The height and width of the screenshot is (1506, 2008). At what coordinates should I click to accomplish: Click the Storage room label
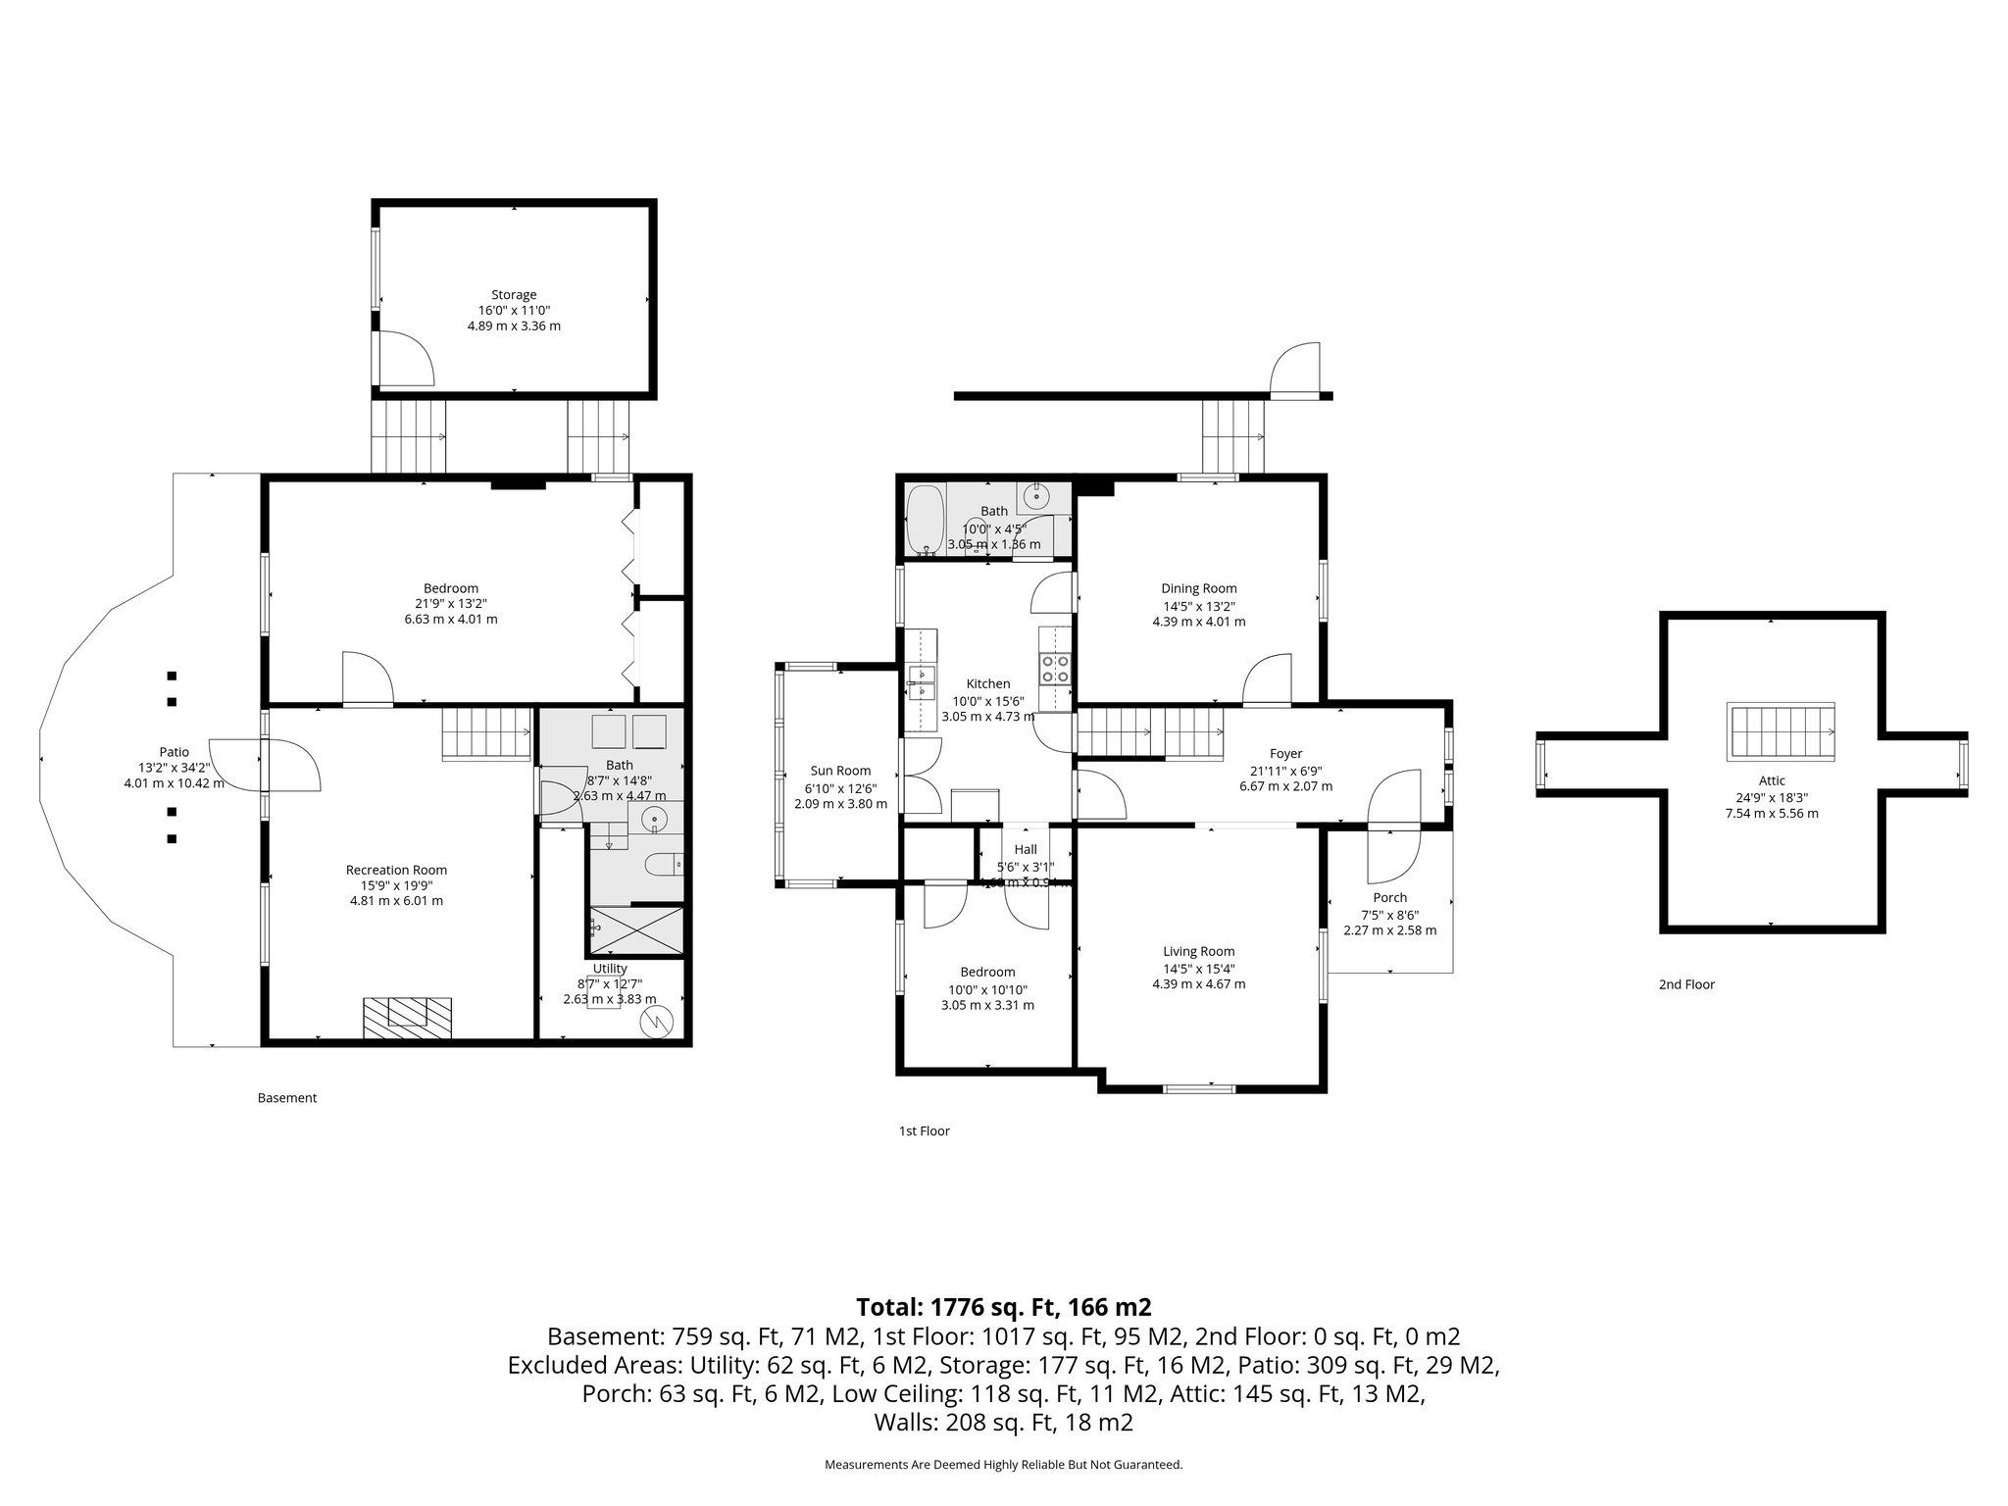pos(514,294)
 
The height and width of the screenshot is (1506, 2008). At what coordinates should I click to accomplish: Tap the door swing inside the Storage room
pos(404,358)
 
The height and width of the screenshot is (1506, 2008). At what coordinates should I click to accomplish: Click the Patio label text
pos(174,752)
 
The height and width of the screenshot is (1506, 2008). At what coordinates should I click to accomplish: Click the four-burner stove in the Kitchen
pos(1055,669)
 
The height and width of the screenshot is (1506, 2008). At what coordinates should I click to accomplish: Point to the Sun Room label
pos(840,771)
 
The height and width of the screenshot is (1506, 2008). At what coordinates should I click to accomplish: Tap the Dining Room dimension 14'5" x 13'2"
pos(1198,605)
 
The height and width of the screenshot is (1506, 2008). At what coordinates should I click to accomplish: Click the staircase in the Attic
pos(1782,732)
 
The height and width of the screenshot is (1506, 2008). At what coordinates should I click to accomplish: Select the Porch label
pos(1389,897)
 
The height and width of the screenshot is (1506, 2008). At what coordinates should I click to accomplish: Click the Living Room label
pos(1198,951)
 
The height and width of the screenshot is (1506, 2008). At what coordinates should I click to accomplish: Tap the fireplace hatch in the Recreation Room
pos(407,1018)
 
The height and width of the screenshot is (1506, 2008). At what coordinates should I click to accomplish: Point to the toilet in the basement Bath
pos(665,864)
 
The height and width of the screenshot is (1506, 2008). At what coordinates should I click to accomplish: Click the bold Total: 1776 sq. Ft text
pos(1003,1307)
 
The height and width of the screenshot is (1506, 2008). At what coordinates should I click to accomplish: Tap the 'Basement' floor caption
pos(287,1098)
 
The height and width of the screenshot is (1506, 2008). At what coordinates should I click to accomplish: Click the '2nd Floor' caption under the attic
pos(1686,984)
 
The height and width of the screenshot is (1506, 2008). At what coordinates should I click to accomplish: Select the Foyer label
pos(1285,753)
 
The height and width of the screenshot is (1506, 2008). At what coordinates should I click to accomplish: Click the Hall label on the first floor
pos(1025,850)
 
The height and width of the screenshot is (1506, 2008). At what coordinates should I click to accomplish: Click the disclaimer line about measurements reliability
pos(1003,1465)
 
